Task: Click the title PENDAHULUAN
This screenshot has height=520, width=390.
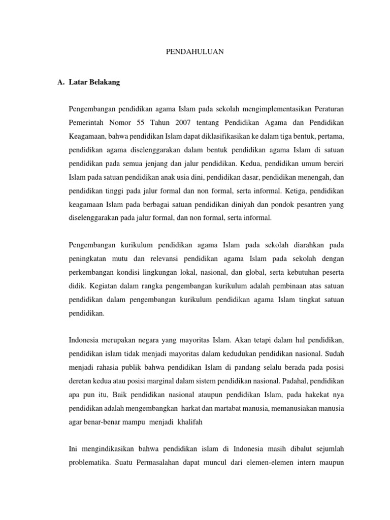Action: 195,52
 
